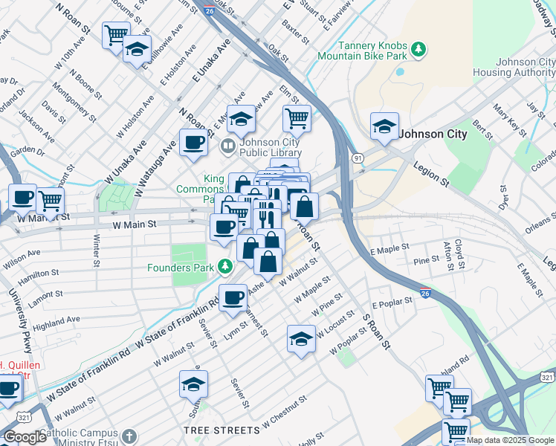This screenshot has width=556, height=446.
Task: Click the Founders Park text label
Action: point(180,268)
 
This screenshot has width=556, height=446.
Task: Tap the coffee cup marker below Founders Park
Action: point(233,297)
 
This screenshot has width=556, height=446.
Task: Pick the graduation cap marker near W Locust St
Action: point(301,339)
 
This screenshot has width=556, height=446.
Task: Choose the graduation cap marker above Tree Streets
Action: point(193,384)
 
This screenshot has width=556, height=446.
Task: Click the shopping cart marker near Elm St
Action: point(297,117)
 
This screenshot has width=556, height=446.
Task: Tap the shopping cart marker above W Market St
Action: point(51,199)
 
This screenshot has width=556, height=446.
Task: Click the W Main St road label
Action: point(135,224)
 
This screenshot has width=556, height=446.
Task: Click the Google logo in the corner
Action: point(25,436)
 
